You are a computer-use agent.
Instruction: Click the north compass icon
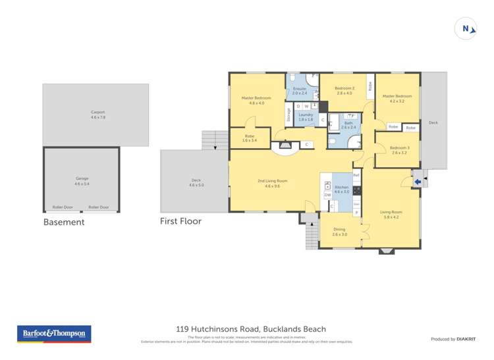(x=466, y=28)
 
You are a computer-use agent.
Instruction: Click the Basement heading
(x=64, y=222)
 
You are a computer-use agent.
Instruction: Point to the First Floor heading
(x=180, y=221)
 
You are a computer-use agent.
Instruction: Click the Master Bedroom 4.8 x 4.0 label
(x=256, y=101)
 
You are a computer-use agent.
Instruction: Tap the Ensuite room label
(x=300, y=91)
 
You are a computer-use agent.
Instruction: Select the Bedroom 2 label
(x=344, y=91)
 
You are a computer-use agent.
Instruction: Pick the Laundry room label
(x=306, y=117)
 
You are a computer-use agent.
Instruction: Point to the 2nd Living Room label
(x=272, y=183)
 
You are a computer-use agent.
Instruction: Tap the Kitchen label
(x=342, y=190)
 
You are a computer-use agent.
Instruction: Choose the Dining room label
(x=339, y=232)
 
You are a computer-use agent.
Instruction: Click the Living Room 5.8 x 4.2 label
(x=391, y=215)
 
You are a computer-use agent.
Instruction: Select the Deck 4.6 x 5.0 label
(x=196, y=182)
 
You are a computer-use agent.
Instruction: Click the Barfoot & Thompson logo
(x=54, y=334)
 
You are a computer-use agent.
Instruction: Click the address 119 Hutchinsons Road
(x=217, y=329)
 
